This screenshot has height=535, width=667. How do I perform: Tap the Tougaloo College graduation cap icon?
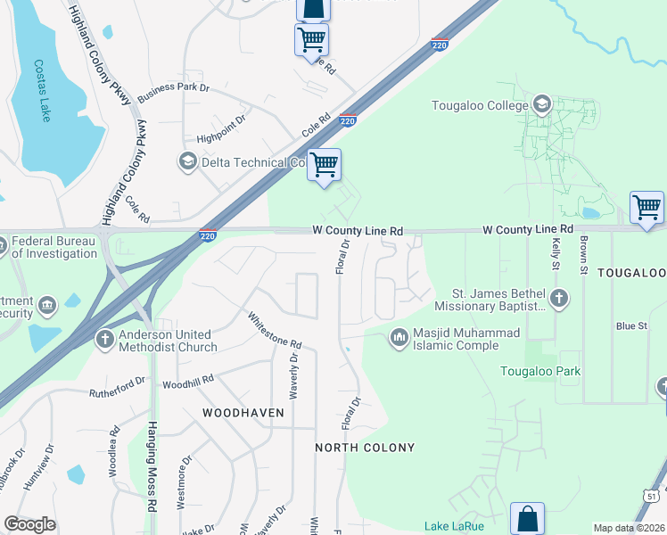pos(541,106)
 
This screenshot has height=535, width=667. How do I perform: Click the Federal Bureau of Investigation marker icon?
pos(4,245)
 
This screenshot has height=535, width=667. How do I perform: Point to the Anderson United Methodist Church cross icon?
pos(104,339)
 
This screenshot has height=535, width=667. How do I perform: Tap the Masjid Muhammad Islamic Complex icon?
pos(399,338)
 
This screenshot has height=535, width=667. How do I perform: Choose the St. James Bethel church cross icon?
pos(558,298)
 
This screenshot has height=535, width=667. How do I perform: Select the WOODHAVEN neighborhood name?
pos(243,413)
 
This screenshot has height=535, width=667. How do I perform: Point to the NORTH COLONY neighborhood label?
pos(365,447)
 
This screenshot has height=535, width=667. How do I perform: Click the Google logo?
pos(29,524)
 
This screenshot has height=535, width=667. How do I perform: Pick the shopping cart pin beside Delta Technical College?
pos(325,165)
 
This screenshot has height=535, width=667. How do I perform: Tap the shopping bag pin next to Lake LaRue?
pos(527,518)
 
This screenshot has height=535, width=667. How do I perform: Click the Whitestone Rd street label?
pos(275,330)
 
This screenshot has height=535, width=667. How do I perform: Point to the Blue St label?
pos(631,326)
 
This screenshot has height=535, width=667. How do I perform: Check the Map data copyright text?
pos(629,528)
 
